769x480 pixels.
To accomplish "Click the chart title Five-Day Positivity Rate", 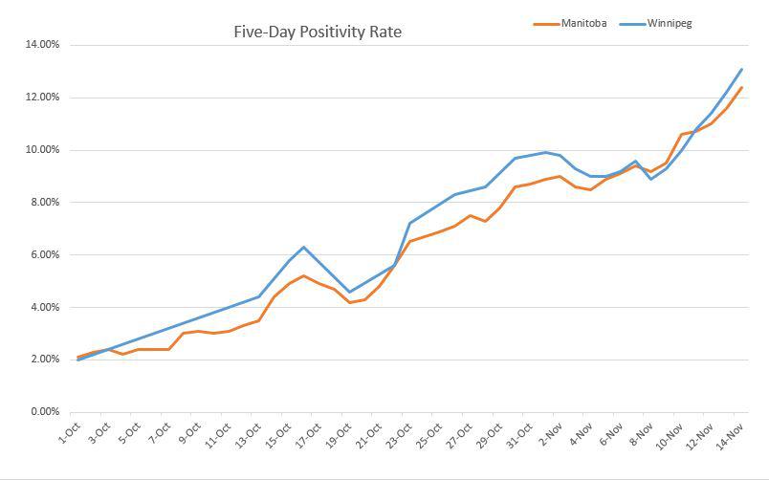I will click(318, 32).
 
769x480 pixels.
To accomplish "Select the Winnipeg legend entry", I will click(669, 23).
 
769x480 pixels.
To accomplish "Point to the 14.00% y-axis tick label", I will click(39, 45).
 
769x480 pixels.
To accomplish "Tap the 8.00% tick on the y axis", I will click(42, 203).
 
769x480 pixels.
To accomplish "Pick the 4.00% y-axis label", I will click(42, 308).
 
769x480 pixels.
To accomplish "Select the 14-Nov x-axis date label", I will click(732, 435).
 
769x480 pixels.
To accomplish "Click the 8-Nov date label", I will click(641, 435).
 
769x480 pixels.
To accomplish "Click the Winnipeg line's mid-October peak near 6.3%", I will click(304, 247).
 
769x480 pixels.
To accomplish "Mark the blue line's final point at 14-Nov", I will click(741, 69).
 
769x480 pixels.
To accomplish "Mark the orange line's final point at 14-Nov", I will click(741, 88).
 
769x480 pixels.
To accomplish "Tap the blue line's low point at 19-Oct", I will click(349, 293).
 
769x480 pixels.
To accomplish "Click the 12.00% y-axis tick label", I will click(39, 98).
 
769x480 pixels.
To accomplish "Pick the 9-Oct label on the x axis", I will click(190, 435).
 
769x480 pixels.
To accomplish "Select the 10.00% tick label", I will click(39, 150).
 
